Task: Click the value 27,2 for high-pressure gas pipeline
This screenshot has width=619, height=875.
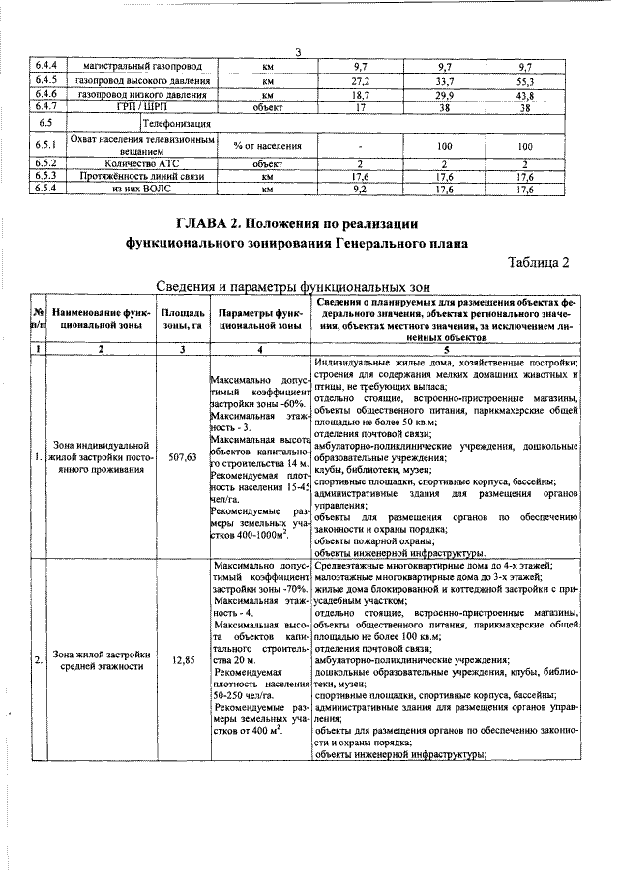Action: [360, 81]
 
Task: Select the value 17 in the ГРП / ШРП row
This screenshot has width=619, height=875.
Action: [360, 107]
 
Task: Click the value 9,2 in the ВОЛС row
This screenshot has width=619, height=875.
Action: [360, 190]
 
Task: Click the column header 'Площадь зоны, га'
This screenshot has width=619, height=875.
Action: [182, 320]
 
